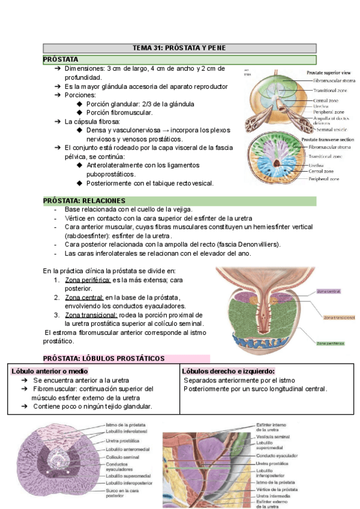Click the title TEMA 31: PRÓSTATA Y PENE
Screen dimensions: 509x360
pos(179,48)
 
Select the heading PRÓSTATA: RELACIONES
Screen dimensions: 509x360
pos(84,200)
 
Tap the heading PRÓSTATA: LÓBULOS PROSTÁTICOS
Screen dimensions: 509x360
pos(104,358)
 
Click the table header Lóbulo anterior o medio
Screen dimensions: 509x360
pos(50,372)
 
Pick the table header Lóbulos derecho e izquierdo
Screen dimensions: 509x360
pos(228,372)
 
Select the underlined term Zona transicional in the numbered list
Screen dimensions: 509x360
pos(94,315)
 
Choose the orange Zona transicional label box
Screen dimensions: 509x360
pos(338,316)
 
